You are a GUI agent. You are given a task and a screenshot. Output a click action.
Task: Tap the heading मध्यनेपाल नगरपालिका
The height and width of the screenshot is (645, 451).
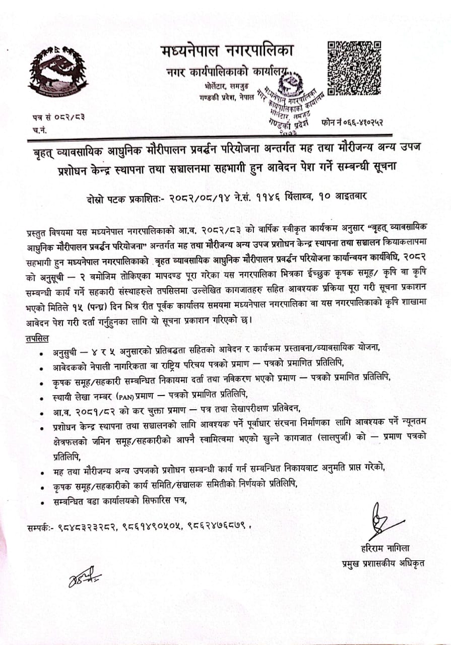[x=227, y=51]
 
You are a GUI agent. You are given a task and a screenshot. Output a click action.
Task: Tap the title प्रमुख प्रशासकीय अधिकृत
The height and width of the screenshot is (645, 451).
[x=382, y=563]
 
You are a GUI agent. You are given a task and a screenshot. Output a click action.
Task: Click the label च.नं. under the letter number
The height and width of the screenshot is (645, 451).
[x=38, y=130]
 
